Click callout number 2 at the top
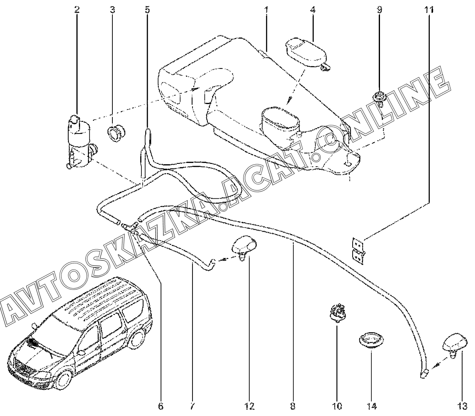click(77, 10)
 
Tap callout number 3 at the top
click(112, 10)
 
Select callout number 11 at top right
click(429, 10)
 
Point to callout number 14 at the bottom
click(372, 406)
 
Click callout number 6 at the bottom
click(161, 406)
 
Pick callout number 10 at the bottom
click(337, 406)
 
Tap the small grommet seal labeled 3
click(117, 133)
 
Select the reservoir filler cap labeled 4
click(307, 54)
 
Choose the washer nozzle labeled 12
click(244, 248)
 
